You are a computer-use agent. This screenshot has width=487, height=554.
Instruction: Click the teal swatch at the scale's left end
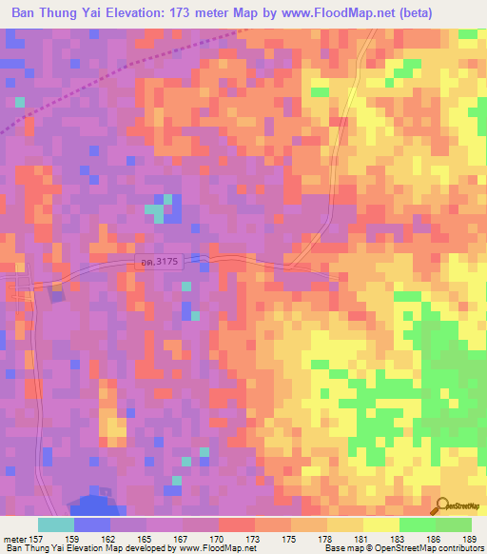(56, 524)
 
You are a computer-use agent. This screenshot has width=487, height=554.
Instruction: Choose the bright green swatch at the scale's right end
(453, 524)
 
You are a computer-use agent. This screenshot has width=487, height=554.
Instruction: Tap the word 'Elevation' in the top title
(133, 12)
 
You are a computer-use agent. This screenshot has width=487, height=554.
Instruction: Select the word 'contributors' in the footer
(460, 548)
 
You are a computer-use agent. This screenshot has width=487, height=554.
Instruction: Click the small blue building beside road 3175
(57, 296)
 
